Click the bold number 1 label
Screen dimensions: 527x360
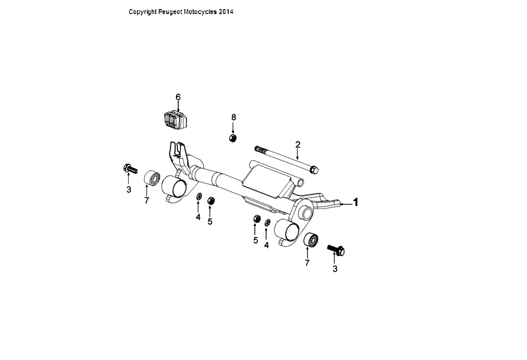click(x=355, y=202)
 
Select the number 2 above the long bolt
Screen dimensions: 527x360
click(x=297, y=144)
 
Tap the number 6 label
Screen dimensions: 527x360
click(x=178, y=97)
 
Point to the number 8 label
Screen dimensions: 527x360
click(x=234, y=117)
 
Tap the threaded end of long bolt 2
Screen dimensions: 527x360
click(x=258, y=149)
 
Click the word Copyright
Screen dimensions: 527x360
click(x=143, y=12)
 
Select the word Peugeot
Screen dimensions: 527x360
click(x=171, y=12)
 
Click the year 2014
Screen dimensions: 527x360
click(x=226, y=12)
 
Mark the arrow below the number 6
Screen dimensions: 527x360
click(x=178, y=106)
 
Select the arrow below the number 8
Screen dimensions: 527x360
click(x=234, y=127)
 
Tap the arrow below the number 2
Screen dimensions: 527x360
click(x=297, y=154)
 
